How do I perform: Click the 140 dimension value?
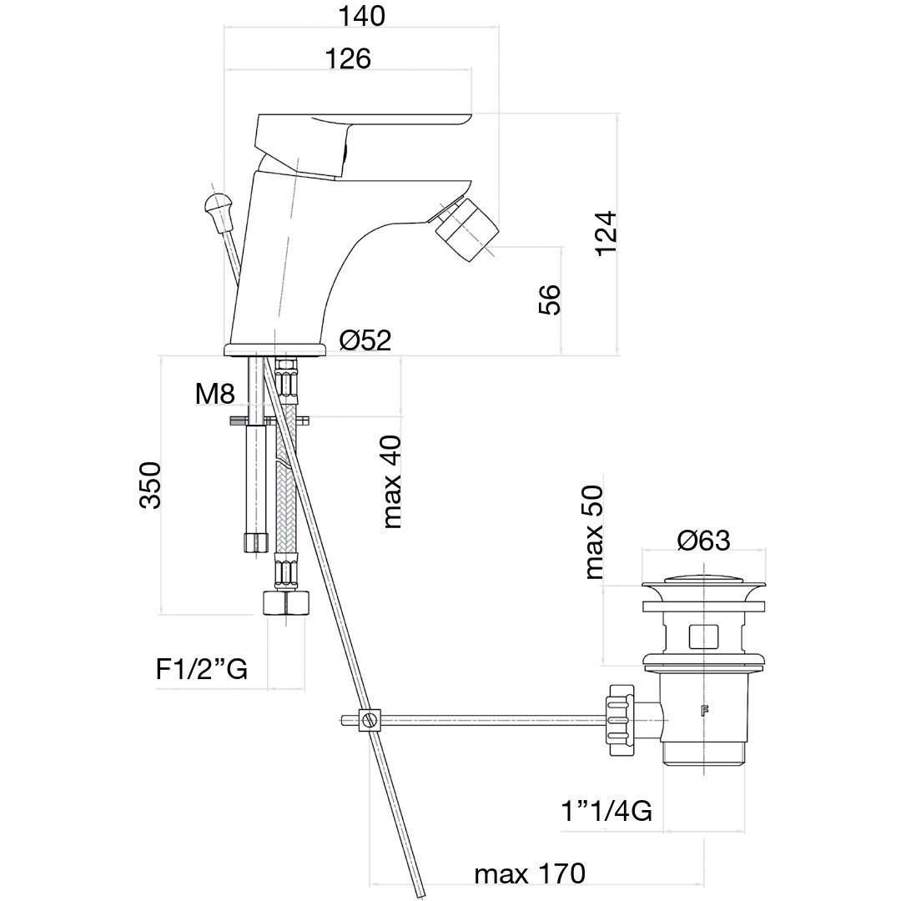pyautogui.click(x=362, y=16)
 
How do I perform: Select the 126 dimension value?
pyautogui.click(x=347, y=59)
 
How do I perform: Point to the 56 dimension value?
pyautogui.click(x=549, y=299)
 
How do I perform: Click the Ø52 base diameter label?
pyautogui.click(x=365, y=340)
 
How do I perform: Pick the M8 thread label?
pyautogui.click(x=214, y=394)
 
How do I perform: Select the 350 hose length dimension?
pyautogui.click(x=150, y=485)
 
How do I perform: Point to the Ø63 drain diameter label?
pyautogui.click(x=703, y=541)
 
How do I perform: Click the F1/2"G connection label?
pyautogui.click(x=202, y=668)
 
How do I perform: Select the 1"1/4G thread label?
pyautogui.click(x=607, y=810)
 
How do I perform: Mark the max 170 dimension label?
pyautogui.click(x=530, y=875)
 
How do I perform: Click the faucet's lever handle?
pyautogui.click(x=359, y=133)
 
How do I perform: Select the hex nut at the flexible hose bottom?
pyautogui.click(x=286, y=603)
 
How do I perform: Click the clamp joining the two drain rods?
pyautogui.click(x=370, y=718)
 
